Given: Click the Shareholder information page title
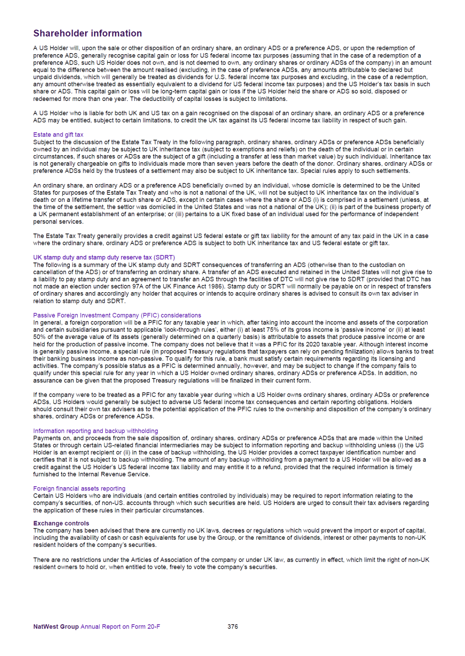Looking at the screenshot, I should point(87,33).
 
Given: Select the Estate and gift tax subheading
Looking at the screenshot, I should point(58,134).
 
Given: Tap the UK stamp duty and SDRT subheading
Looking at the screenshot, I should point(104,257).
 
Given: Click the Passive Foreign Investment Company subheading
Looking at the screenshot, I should point(117,315).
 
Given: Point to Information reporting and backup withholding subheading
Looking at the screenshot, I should point(95,431).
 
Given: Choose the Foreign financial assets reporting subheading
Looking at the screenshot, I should point(79,488).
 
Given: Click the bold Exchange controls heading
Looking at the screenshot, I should point(61,523).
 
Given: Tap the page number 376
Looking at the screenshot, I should point(233,626).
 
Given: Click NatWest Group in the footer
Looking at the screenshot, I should point(56,627).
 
